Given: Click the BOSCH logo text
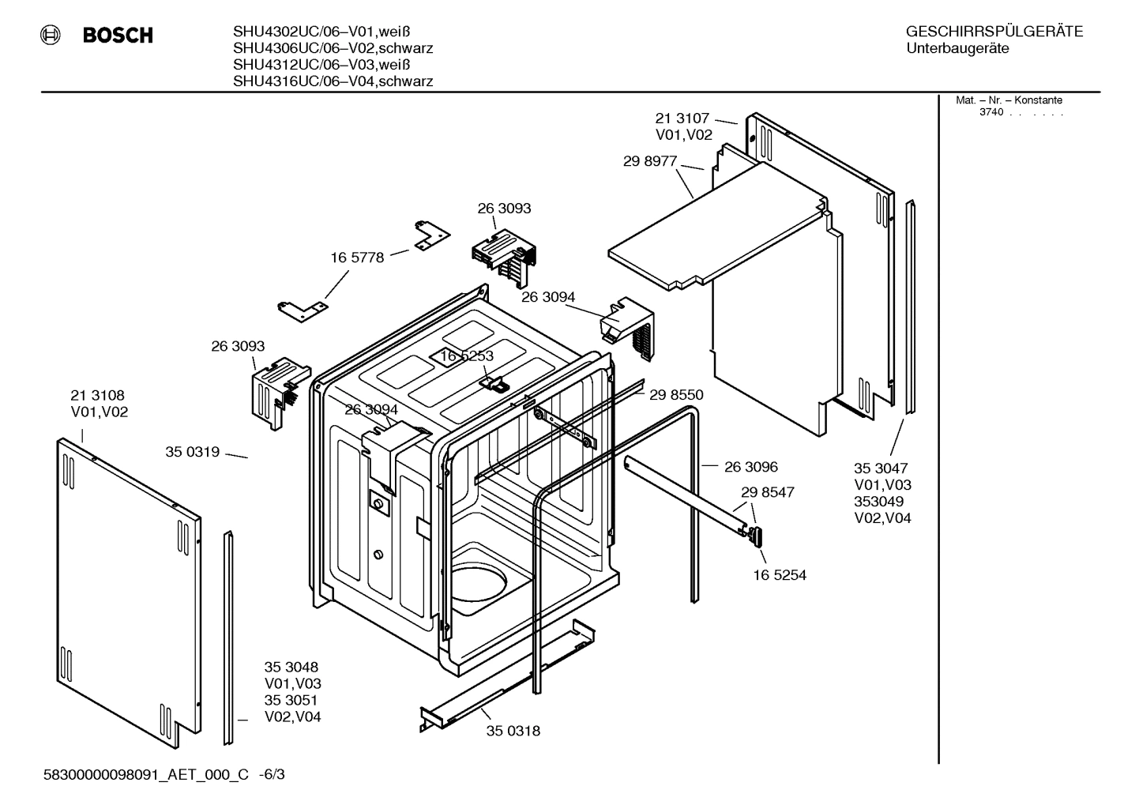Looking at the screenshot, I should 118,36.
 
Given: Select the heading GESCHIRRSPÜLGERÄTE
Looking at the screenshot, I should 994,32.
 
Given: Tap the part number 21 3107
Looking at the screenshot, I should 682,118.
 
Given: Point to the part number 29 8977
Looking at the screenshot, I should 650,161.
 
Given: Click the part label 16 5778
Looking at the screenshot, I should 357,258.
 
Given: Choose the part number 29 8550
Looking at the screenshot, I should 676,395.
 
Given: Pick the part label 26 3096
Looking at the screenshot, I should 751,467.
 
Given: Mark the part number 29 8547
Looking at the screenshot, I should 768,492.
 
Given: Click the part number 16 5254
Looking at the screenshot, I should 780,575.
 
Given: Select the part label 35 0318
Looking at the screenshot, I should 513,731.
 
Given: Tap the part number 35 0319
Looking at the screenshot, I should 192,452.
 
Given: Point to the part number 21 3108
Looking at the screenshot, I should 97,395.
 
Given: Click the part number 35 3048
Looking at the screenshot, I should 291,667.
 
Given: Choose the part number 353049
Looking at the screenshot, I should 878,502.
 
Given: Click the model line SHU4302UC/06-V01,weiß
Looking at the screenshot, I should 321,32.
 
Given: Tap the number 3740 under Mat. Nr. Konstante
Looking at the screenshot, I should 991,112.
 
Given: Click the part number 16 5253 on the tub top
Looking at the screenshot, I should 467,356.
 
